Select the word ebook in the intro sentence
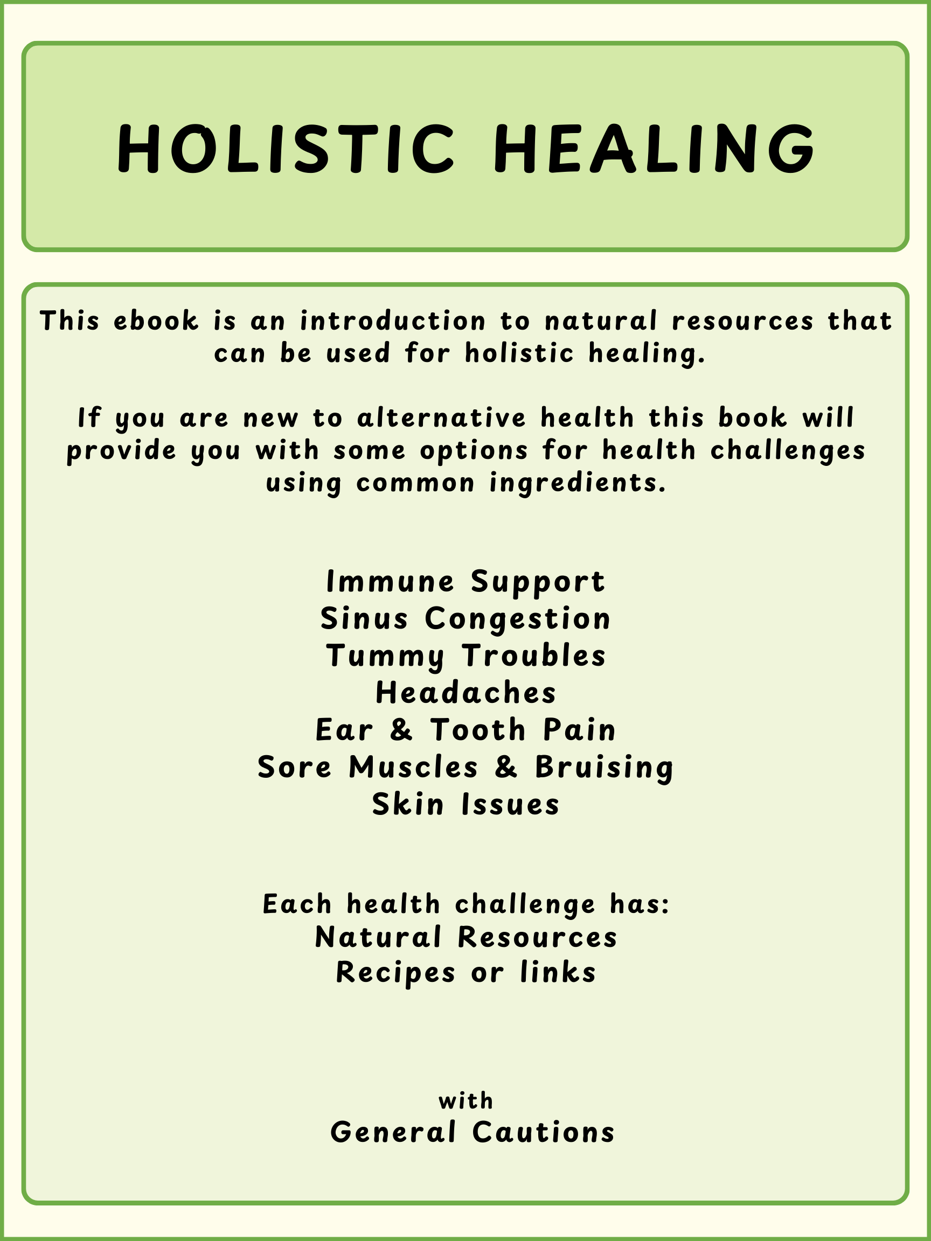click(x=156, y=321)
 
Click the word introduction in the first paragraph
click(x=393, y=321)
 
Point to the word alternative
click(x=442, y=418)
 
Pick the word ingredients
click(x=578, y=484)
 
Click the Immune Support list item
click(x=466, y=582)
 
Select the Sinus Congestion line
click(x=466, y=619)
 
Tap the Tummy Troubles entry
click(x=466, y=657)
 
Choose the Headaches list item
click(x=466, y=693)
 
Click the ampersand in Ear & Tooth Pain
click(x=401, y=730)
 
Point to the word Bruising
click(x=605, y=768)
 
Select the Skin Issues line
click(x=466, y=804)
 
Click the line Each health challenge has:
click(x=466, y=904)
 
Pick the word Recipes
click(x=395, y=973)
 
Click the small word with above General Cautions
click(x=466, y=1101)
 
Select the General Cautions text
click(x=473, y=1132)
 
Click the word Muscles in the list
click(x=414, y=767)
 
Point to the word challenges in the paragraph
click(x=788, y=451)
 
